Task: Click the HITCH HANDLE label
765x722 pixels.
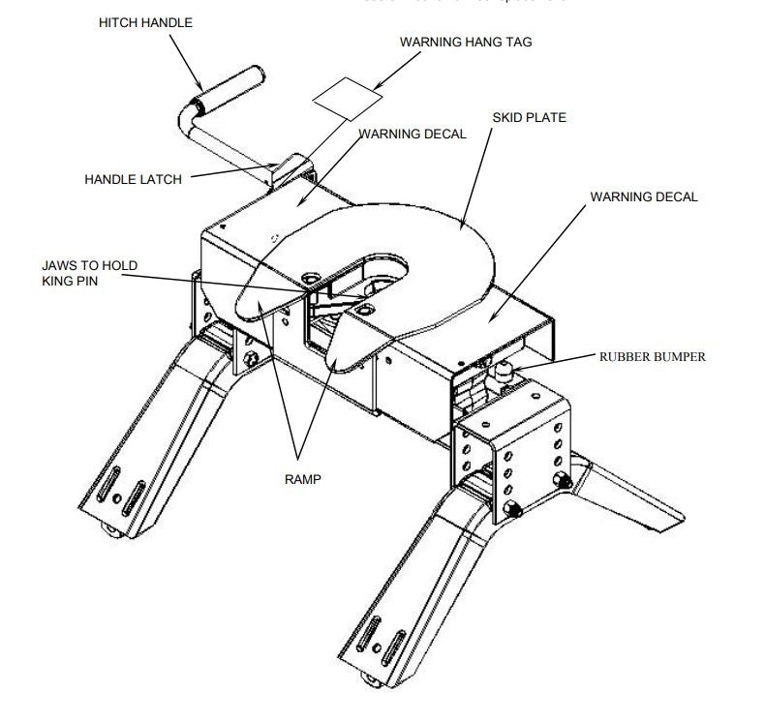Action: pyautogui.click(x=144, y=22)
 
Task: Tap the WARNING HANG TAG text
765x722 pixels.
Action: pyautogui.click(x=466, y=43)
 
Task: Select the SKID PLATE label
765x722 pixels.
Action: pyautogui.click(x=529, y=117)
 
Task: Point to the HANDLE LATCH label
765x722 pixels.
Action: pyautogui.click(x=133, y=179)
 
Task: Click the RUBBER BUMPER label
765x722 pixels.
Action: pyautogui.click(x=652, y=356)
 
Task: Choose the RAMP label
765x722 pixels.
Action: pyautogui.click(x=302, y=479)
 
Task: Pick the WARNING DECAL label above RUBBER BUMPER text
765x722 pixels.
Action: pyautogui.click(x=644, y=196)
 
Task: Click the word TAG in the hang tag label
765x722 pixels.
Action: pyautogui.click(x=518, y=43)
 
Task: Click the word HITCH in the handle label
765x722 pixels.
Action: pyautogui.click(x=118, y=22)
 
